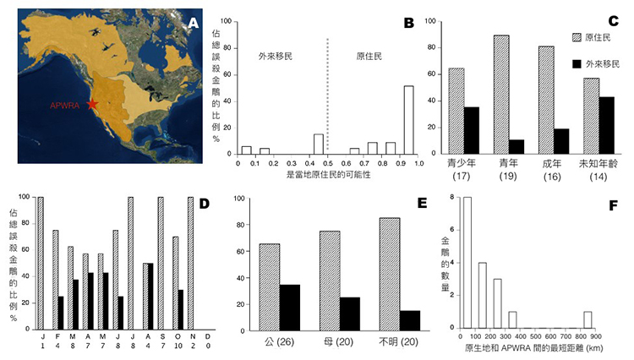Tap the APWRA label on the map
[68, 106]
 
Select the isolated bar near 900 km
[587, 319]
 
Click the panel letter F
[616, 205]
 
